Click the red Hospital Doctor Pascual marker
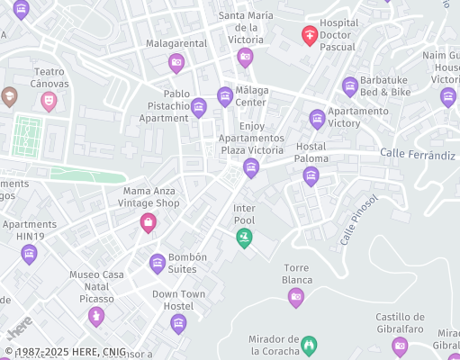coord(310,36)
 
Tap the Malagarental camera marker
coord(176,63)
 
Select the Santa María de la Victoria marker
coord(245,58)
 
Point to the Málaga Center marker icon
coord(225,95)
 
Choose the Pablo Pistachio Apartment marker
coord(199,108)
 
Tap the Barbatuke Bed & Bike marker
coord(350,86)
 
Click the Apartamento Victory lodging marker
coord(317,119)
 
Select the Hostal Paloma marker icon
coord(311,175)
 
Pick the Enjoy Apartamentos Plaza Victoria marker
coord(251,167)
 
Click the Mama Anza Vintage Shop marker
coord(149,222)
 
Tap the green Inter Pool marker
coord(243,238)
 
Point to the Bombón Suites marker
coord(158,264)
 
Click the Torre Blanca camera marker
coord(295,298)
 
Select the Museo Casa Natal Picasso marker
coord(96,316)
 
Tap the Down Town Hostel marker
coord(179,323)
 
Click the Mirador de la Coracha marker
coord(310,344)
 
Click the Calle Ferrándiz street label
coord(417,155)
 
